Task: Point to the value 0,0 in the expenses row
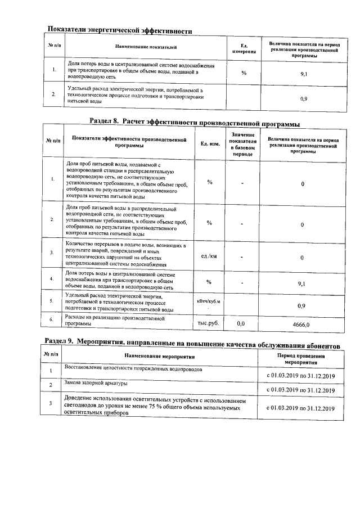[241, 324]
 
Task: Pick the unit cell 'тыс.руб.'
[209, 323]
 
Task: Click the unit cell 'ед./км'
[209, 256]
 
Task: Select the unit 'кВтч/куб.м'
[209, 301]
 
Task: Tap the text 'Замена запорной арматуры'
[96, 383]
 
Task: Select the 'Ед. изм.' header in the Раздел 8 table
[209, 144]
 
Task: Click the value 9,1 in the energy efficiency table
[303, 74]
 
